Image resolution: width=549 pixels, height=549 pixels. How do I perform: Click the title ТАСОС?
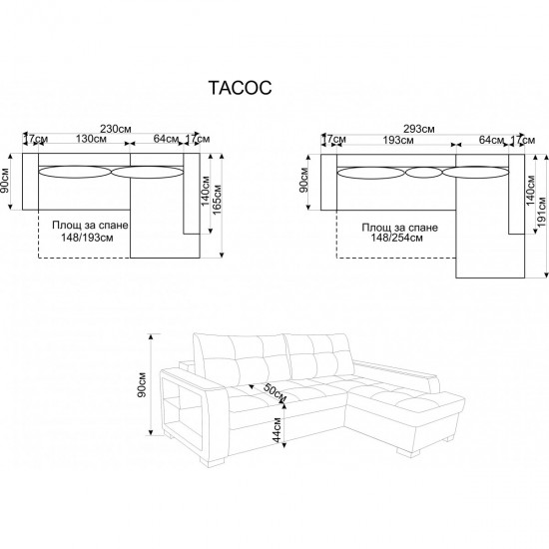[x=241, y=88]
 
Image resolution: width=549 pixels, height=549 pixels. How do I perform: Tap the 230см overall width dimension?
[x=116, y=129]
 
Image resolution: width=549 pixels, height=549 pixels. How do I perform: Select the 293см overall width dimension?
[x=419, y=129]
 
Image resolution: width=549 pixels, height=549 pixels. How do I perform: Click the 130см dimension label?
[x=91, y=139]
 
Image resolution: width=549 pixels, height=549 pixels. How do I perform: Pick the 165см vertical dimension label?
[x=218, y=199]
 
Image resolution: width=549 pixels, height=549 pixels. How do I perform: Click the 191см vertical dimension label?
[x=541, y=212]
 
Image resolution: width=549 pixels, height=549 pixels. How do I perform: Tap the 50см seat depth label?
[x=274, y=393]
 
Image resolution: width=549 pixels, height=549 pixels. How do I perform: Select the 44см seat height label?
[x=276, y=429]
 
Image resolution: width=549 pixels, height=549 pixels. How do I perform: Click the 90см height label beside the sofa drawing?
[x=142, y=384]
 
